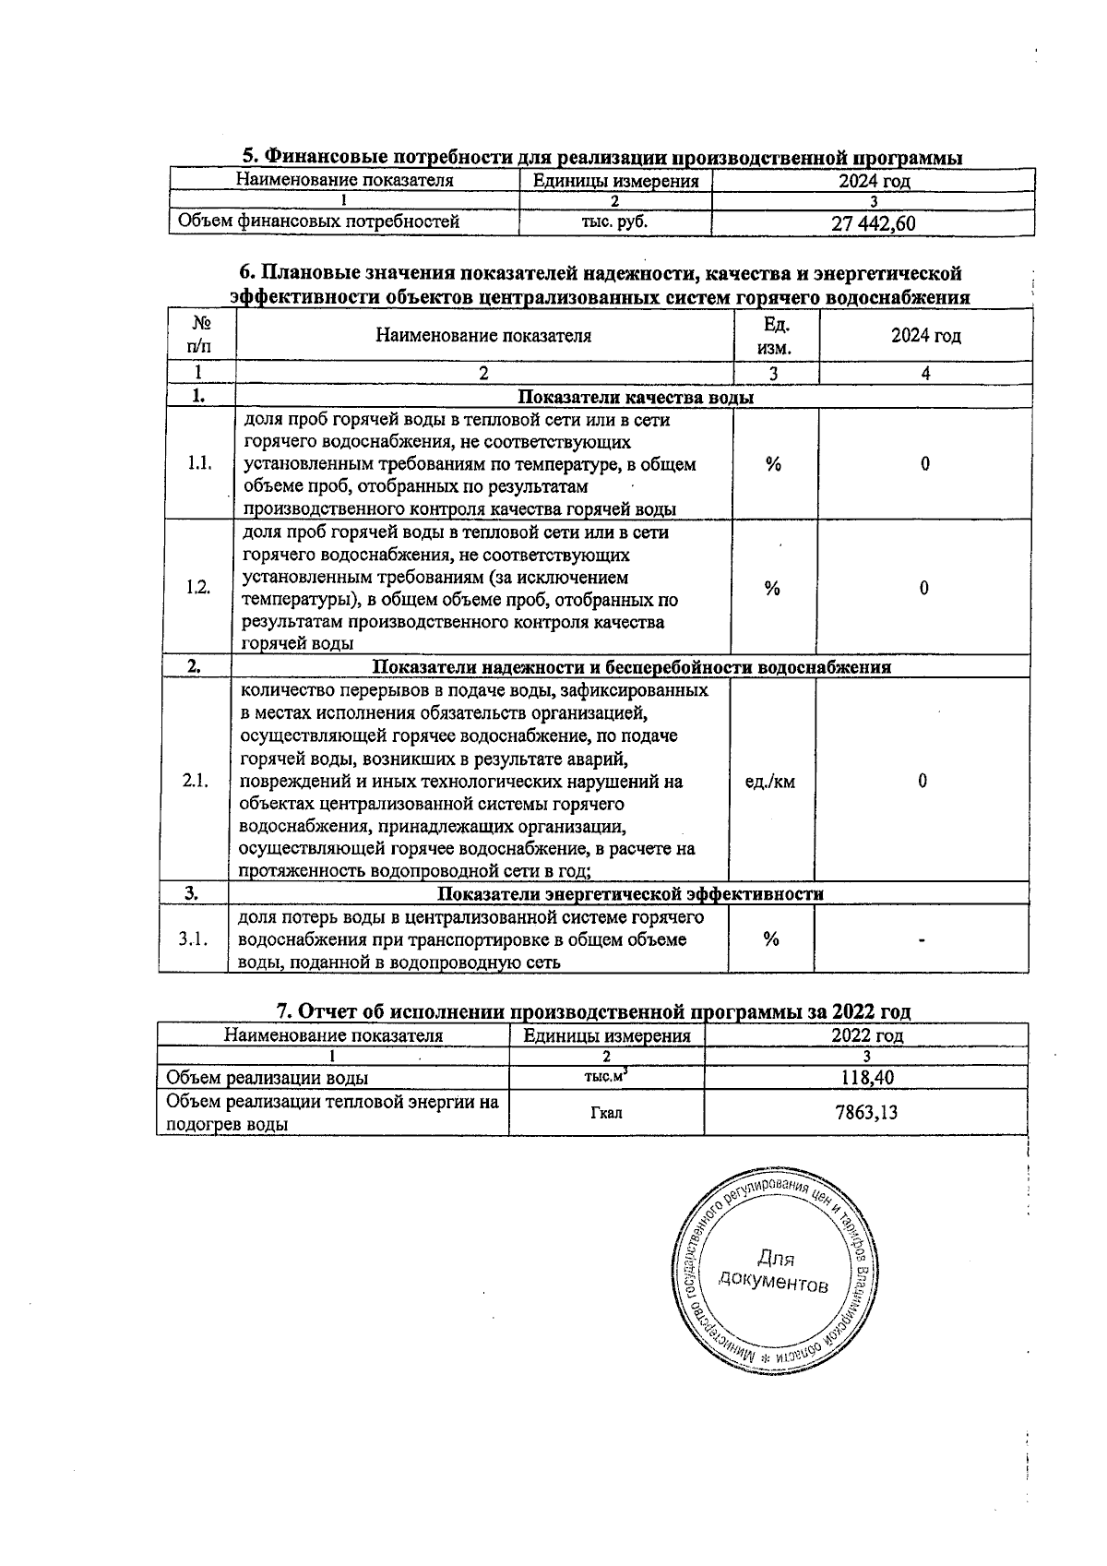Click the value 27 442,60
pos(873,223)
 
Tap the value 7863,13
pos(866,1112)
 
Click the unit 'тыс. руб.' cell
pos(614,222)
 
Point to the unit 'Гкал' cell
pos(606,1113)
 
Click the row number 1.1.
pos(199,463)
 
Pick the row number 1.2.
pos(197,588)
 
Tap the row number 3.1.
pos(194,939)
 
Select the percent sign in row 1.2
pos(772,589)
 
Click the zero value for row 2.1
pos(922,782)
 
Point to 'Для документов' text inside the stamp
pos(774,1271)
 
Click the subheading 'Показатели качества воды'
pos(636,398)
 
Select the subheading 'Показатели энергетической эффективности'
pos(630,894)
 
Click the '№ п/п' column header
pos(199,335)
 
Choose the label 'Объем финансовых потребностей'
pos(318,221)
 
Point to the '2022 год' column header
pos(866,1035)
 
